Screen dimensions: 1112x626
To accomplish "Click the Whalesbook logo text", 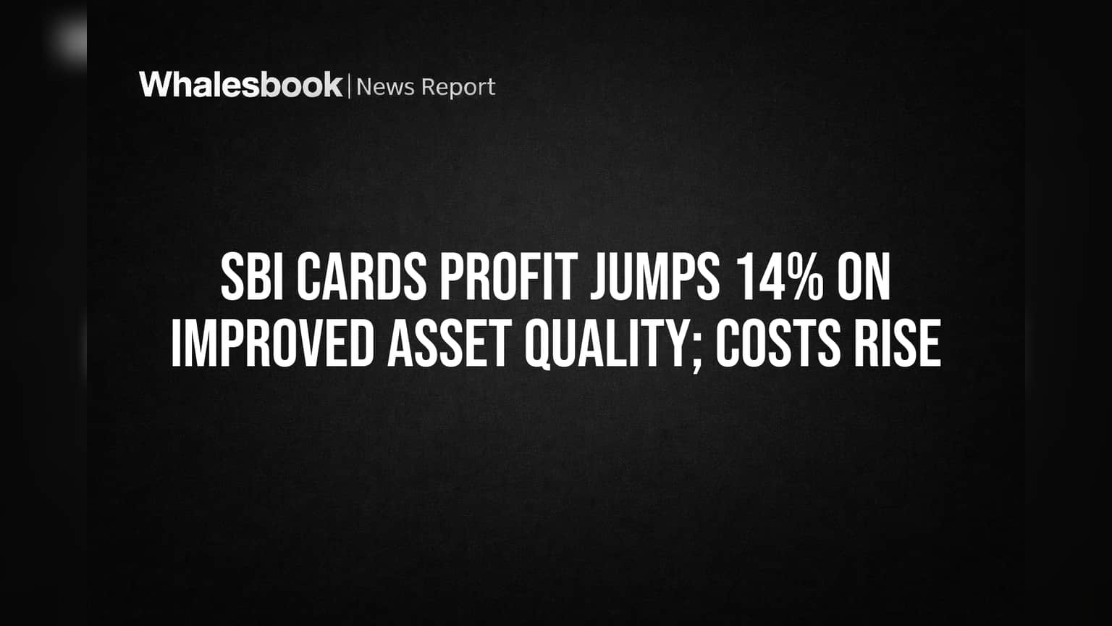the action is [241, 85].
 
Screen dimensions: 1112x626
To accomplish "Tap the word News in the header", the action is [386, 87].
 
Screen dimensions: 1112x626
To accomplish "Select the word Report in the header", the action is [458, 88].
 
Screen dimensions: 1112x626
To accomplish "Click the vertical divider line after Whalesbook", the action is [350, 86].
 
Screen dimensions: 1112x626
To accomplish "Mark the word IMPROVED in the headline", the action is [272, 343].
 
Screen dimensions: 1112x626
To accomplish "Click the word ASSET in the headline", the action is [450, 343].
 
